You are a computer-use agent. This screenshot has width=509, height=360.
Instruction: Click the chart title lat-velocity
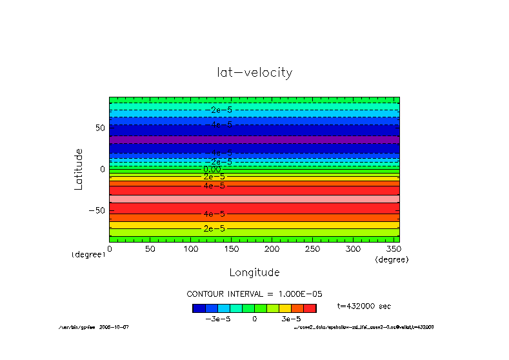click(255, 72)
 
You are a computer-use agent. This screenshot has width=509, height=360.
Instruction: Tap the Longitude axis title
click(254, 272)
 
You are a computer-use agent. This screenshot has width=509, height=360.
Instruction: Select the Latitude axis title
click(79, 169)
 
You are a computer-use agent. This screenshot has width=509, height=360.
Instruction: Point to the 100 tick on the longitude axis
click(190, 248)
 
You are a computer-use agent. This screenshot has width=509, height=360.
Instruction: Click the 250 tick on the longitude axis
click(312, 248)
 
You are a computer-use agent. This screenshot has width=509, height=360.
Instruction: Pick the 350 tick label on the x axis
click(394, 248)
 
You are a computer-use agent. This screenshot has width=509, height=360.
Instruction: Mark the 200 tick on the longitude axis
click(272, 248)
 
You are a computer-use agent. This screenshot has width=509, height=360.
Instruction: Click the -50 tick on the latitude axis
click(96, 210)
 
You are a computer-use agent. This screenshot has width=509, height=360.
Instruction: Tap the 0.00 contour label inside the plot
click(212, 170)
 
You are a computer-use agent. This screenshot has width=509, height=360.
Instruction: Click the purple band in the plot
click(254, 139)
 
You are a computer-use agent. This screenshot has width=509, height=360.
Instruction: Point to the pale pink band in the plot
click(254, 199)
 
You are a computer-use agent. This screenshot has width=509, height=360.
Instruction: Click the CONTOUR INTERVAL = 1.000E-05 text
click(254, 294)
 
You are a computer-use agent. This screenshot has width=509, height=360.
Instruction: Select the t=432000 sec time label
click(364, 306)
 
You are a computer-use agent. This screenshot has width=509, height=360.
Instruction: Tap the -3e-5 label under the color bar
click(217, 319)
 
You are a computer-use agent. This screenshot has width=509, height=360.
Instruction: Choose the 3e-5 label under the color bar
click(291, 319)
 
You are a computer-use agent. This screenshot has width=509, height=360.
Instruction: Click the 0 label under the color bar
click(255, 319)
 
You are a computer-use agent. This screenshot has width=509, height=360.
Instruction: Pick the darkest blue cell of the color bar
click(199, 308)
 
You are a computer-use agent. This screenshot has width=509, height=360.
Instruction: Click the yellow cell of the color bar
click(285, 308)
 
